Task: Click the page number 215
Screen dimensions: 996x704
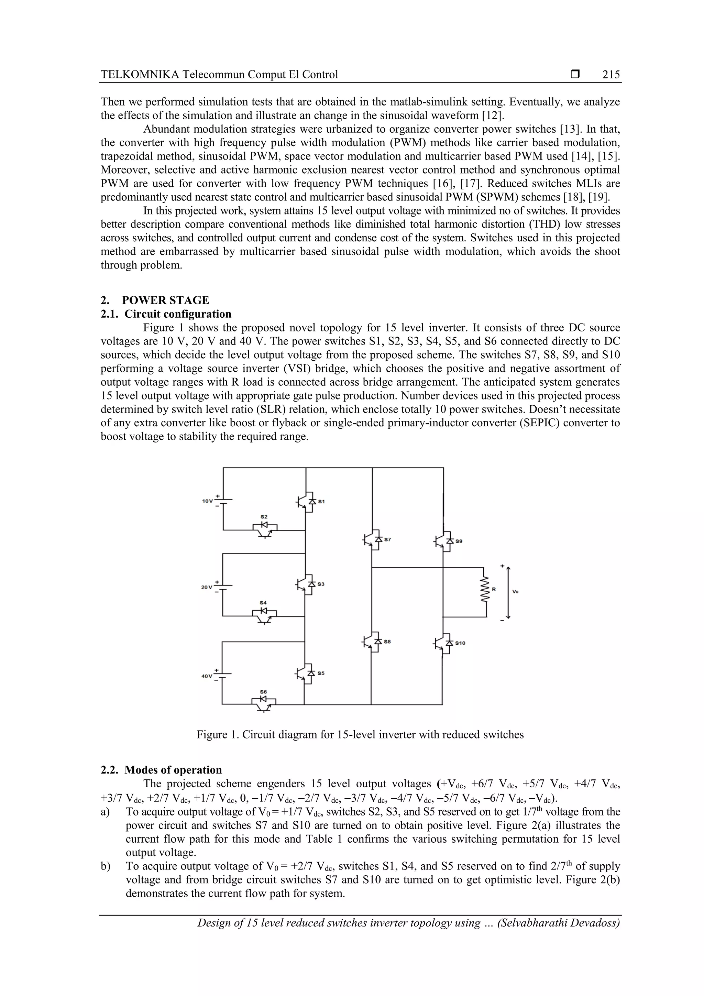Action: [611, 75]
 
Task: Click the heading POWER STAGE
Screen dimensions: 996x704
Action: [165, 300]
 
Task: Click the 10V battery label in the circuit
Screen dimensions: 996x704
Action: [207, 501]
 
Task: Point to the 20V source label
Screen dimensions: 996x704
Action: [207, 587]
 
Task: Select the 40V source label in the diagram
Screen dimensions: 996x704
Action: [207, 676]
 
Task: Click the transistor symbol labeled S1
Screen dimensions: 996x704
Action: [306, 501]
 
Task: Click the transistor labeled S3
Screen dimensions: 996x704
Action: [306, 584]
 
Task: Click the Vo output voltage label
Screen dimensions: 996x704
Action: [515, 591]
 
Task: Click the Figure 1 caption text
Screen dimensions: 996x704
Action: [360, 734]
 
